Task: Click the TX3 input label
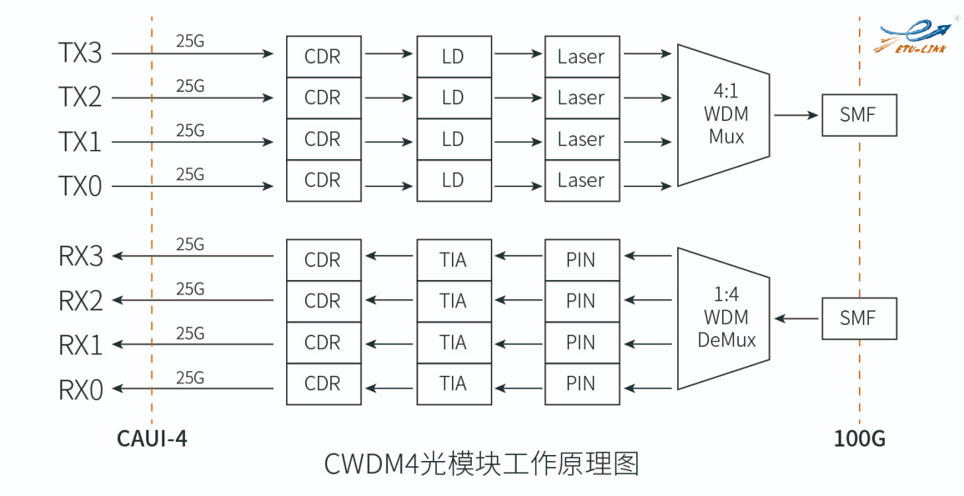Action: [80, 53]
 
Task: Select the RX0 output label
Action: [80, 389]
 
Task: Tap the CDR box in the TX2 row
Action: [323, 97]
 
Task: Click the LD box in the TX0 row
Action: [453, 180]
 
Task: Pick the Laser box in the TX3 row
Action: [581, 56]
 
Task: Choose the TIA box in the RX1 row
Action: [453, 342]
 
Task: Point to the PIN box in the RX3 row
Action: [581, 260]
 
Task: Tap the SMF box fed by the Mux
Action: [858, 115]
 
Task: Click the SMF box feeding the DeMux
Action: [858, 318]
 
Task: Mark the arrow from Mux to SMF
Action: [796, 115]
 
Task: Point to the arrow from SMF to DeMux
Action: [796, 318]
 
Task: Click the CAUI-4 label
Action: [151, 439]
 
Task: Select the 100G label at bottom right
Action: [859, 439]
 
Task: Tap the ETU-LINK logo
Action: [915, 37]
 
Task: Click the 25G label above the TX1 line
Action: [190, 131]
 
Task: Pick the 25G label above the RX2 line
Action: [190, 289]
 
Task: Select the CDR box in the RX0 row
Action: [323, 383]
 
